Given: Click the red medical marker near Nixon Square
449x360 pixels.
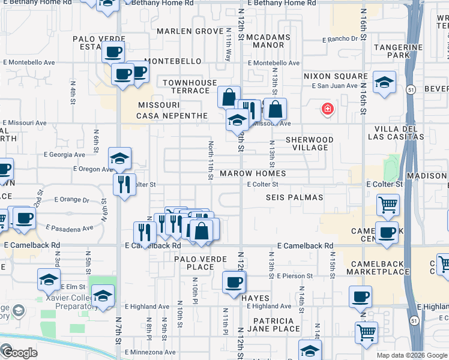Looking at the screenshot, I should (x=327, y=109).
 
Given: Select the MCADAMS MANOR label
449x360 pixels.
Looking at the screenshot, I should (x=268, y=40).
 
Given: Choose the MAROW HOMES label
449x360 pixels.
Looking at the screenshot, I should (x=252, y=173).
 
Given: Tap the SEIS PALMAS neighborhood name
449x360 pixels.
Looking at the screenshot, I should (x=294, y=197).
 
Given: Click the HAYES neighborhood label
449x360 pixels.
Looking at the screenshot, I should (x=259, y=298).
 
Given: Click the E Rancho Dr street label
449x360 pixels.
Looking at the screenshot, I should (x=343, y=39).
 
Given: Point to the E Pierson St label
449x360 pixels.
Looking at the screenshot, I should (x=295, y=276).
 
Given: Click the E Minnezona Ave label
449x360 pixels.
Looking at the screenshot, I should (x=150, y=352).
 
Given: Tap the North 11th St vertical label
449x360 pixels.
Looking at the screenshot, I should (x=211, y=160).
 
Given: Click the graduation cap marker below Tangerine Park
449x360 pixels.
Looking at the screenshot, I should (x=384, y=83).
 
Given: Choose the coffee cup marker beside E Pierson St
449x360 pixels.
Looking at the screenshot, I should (x=234, y=283).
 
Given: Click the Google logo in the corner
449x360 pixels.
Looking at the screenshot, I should (x=19, y=353).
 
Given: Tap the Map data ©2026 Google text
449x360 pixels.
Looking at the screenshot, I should (x=411, y=355).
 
